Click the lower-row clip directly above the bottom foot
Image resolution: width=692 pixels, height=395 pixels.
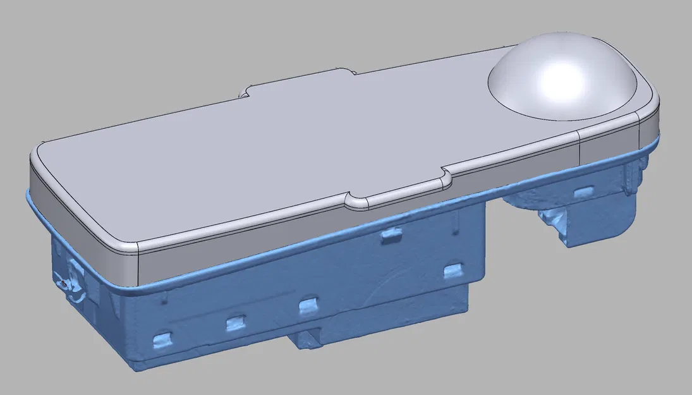[x=308, y=307]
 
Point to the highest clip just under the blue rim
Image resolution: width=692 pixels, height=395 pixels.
[x=391, y=235]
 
